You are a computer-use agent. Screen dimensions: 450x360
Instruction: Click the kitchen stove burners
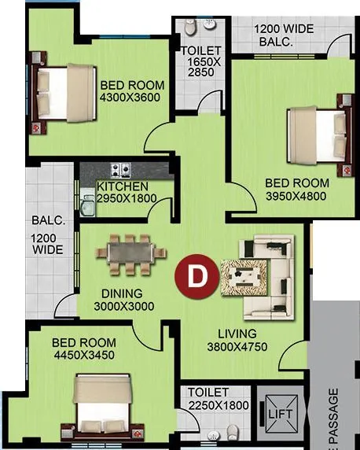120,169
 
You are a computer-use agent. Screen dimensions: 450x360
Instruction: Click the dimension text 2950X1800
127,198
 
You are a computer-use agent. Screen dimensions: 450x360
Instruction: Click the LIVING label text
237,334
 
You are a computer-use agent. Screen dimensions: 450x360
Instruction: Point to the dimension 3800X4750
237,347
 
